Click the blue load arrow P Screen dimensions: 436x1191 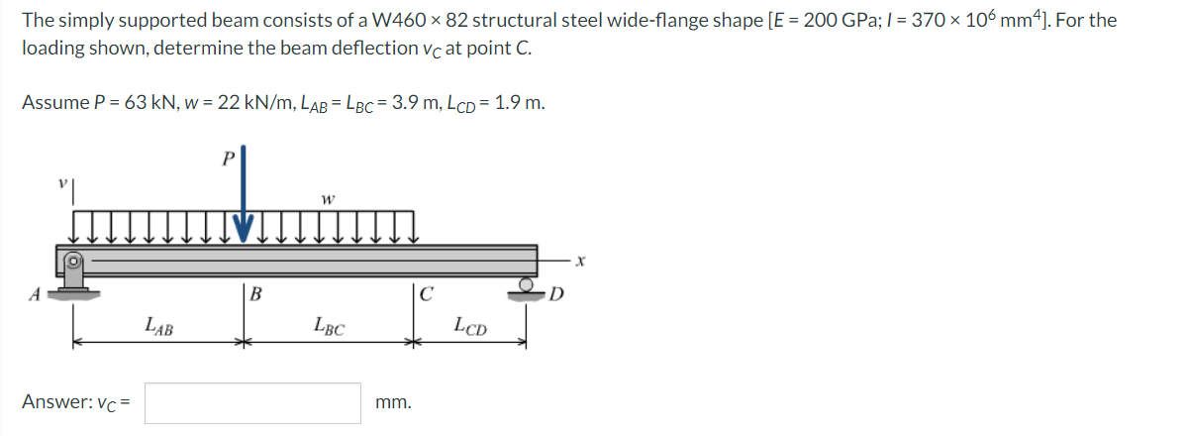(x=243, y=188)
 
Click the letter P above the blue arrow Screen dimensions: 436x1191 (x=231, y=158)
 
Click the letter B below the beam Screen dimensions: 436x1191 (x=255, y=293)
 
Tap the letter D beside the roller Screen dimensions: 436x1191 (x=556, y=294)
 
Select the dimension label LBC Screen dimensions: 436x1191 (x=328, y=324)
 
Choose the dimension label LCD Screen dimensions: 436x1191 (x=469, y=324)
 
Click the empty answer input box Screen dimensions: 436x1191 (x=252, y=403)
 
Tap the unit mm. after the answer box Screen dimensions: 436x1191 (x=394, y=403)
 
